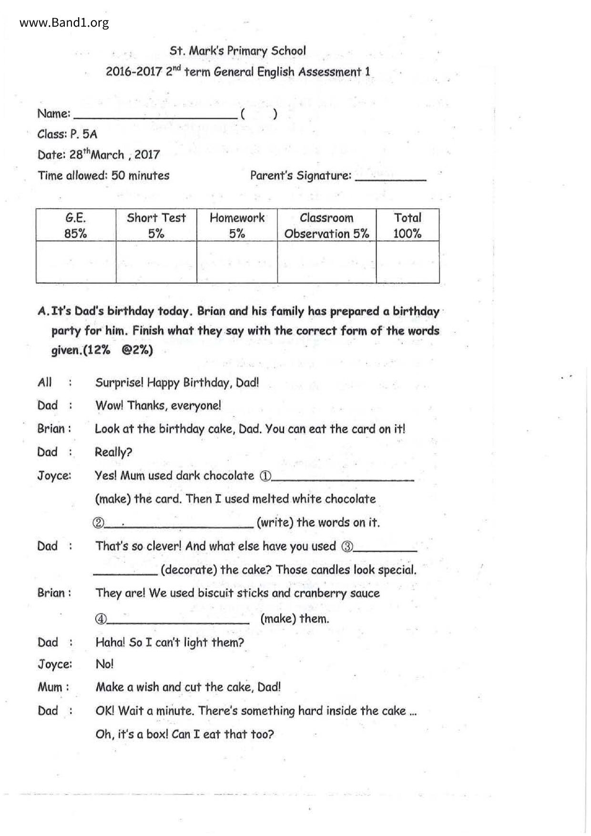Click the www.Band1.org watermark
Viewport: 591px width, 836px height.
click(x=64, y=22)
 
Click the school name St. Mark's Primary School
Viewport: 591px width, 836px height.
click(x=237, y=51)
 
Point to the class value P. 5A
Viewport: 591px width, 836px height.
click(x=83, y=134)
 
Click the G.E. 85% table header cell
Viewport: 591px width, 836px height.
click(x=76, y=225)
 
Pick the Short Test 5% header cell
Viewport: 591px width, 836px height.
click(x=156, y=225)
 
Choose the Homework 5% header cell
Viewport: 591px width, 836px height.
click(x=237, y=225)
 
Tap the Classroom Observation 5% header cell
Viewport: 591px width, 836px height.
click(x=326, y=225)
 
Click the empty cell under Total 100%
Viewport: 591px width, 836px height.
click(x=408, y=262)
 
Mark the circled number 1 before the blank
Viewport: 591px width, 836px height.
click(x=265, y=476)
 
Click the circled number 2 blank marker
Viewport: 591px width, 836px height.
click(x=98, y=523)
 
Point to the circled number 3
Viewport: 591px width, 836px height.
click(x=347, y=547)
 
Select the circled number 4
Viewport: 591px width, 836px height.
click(x=101, y=619)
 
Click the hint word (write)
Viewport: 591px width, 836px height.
click(x=275, y=523)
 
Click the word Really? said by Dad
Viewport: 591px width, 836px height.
click(x=113, y=452)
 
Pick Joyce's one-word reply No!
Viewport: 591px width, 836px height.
click(x=104, y=664)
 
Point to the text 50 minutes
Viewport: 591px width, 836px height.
click(x=140, y=176)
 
